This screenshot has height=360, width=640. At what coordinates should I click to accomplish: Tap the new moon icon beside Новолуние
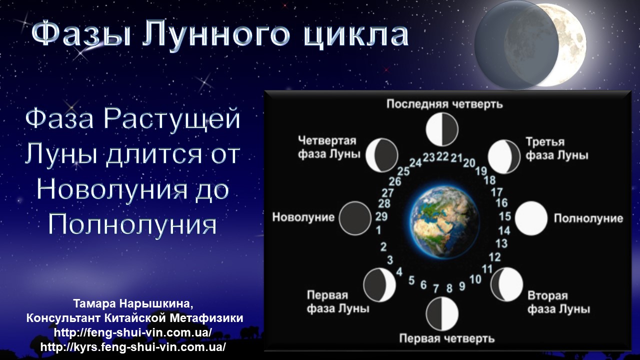click(x=355, y=218)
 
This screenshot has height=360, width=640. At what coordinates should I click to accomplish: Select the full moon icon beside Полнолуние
click(x=531, y=218)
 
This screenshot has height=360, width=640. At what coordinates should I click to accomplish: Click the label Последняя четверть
click(x=444, y=104)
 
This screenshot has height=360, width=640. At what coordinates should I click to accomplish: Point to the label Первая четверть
click(x=447, y=338)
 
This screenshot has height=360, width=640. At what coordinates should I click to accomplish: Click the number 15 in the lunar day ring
click(x=505, y=216)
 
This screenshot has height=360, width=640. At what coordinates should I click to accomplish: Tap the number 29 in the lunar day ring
click(x=381, y=216)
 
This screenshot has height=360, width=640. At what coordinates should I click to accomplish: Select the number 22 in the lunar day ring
click(x=442, y=156)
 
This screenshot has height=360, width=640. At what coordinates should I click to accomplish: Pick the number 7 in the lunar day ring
click(x=435, y=288)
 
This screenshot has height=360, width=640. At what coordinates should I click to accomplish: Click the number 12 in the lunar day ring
click(x=495, y=257)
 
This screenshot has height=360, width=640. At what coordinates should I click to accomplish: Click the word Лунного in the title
click(x=216, y=35)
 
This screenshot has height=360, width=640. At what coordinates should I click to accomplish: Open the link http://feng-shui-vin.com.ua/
click(x=133, y=333)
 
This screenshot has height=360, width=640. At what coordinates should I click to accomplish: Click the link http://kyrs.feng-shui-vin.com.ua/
click(x=133, y=347)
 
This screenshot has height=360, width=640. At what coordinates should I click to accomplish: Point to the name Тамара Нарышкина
click(x=133, y=303)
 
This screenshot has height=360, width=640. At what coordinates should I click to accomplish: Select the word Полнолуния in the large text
click(x=132, y=224)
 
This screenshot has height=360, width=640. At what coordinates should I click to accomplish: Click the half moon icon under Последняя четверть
click(x=442, y=129)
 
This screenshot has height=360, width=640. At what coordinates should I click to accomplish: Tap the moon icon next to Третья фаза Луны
click(x=504, y=156)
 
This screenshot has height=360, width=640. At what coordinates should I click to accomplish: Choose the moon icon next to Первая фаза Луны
click(x=379, y=285)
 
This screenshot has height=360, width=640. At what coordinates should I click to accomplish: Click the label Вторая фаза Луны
click(x=558, y=302)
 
